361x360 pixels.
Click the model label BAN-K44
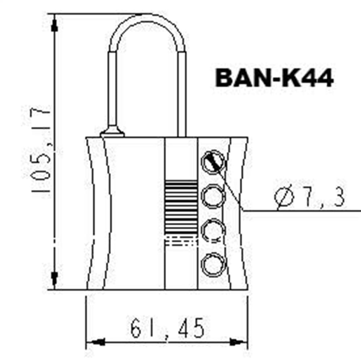(274, 78)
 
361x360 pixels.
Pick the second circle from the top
(213, 196)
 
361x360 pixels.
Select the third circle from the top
(213, 231)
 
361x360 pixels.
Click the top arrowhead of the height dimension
(55, 24)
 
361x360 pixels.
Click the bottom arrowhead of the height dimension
(55, 279)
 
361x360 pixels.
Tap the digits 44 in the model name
(317, 78)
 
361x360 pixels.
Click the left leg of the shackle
(112, 90)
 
